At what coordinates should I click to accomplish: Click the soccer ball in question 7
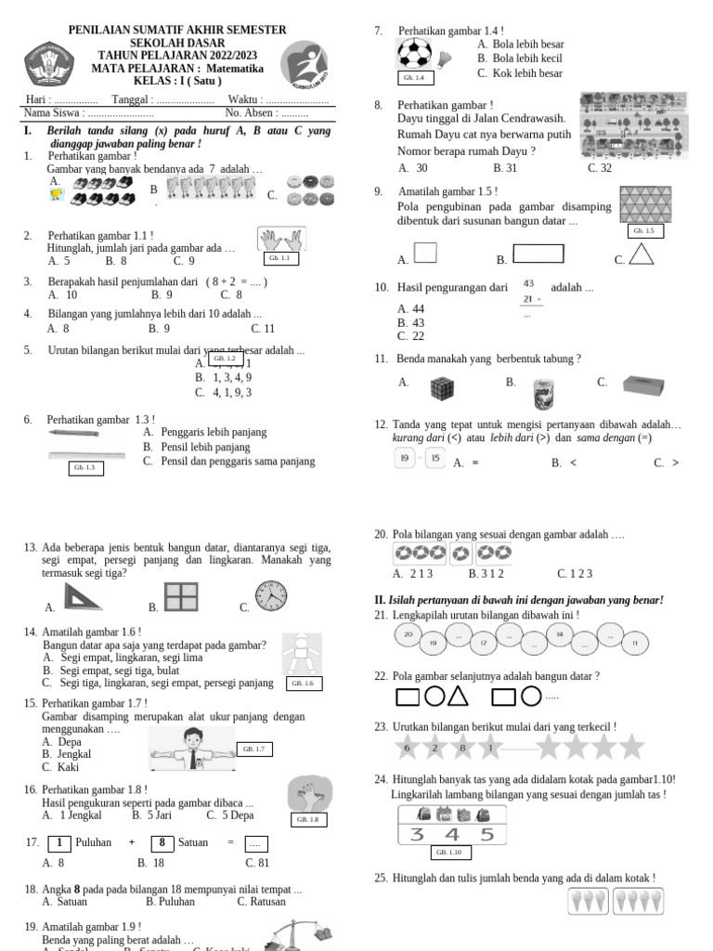(414, 52)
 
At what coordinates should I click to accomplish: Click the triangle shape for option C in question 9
(642, 254)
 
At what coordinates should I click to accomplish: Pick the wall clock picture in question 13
(270, 596)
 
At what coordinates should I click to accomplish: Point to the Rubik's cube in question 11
(442, 387)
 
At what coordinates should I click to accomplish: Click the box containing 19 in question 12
(405, 459)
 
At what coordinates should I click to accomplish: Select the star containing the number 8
(462, 747)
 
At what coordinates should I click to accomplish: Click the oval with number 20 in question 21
(408, 634)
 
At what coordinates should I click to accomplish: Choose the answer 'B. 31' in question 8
(505, 168)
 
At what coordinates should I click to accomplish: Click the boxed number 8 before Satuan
(162, 842)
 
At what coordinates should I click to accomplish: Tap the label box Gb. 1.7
(253, 749)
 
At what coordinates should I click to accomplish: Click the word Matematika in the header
(235, 69)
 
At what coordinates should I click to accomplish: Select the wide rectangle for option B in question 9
(538, 254)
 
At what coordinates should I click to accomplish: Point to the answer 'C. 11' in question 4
(263, 328)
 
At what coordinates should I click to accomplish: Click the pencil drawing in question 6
(73, 433)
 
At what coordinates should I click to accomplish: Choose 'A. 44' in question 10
(411, 309)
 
